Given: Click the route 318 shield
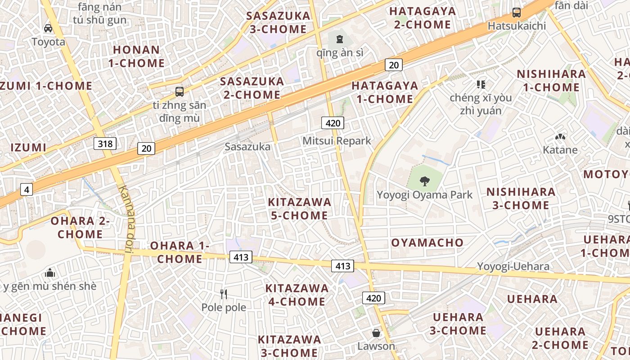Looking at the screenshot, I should pyautogui.click(x=105, y=144).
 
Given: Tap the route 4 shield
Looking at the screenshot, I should pyautogui.click(x=27, y=190).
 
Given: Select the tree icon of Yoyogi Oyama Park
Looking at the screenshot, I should pyautogui.click(x=424, y=181).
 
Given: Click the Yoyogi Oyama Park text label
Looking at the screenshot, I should pyautogui.click(x=424, y=195).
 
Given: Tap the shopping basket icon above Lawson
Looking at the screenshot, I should pyautogui.click(x=376, y=333).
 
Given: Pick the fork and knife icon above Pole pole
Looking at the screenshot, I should pyautogui.click(x=223, y=294).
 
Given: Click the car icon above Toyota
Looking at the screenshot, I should pyautogui.click(x=48, y=28).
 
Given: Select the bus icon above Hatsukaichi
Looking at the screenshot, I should pyautogui.click(x=516, y=13).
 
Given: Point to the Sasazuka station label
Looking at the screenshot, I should pyautogui.click(x=247, y=147).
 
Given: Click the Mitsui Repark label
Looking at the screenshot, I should pyautogui.click(x=337, y=141).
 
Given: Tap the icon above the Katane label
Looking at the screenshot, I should pyautogui.click(x=560, y=137).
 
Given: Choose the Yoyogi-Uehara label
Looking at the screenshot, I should pyautogui.click(x=513, y=266).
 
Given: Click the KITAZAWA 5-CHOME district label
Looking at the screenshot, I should pyautogui.click(x=299, y=209).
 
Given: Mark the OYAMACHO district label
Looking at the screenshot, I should pyautogui.click(x=427, y=243).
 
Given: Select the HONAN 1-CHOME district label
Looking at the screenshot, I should pyautogui.click(x=136, y=56).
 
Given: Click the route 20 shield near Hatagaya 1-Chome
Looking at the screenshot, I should pyautogui.click(x=393, y=65).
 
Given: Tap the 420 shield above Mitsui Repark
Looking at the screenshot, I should pyautogui.click(x=333, y=123).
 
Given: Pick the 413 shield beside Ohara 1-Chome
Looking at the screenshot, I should pyautogui.click(x=241, y=257).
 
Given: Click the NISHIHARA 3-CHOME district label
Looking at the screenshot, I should pyautogui.click(x=521, y=198).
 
